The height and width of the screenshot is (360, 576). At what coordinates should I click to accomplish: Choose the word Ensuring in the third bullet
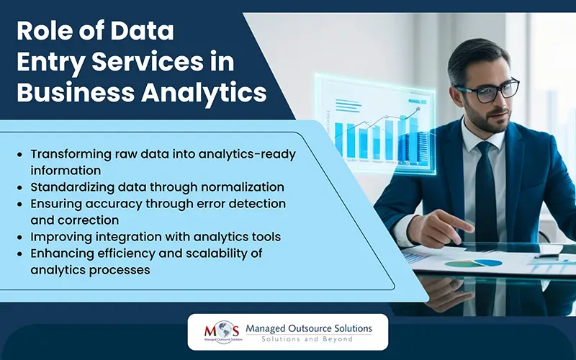click(x=55, y=204)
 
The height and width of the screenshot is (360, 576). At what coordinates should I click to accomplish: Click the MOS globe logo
click(x=215, y=333)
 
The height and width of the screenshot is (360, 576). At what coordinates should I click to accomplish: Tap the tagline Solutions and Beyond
click(x=307, y=339)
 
